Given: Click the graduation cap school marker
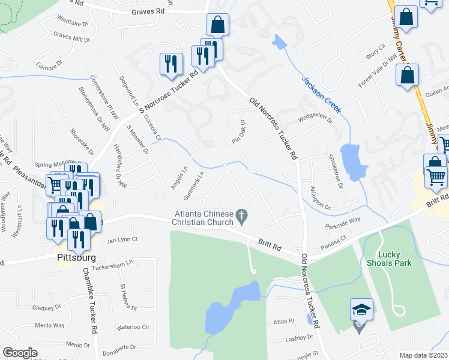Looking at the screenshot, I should [x=361, y=310].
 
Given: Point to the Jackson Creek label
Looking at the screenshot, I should [x=321, y=94].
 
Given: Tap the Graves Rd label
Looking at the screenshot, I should [x=147, y=11].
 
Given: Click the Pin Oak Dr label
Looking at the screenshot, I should [x=240, y=132].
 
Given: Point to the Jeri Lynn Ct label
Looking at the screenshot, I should [x=122, y=239].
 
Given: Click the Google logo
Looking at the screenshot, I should [x=20, y=353].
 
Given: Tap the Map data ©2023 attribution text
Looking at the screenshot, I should [x=423, y=355].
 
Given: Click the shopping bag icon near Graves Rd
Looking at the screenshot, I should [x=217, y=25].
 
